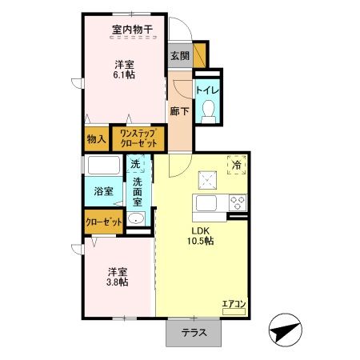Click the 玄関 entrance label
pyautogui.click(x=179, y=56)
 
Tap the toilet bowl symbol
pyautogui.click(x=210, y=109)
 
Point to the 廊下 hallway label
pyautogui.click(x=179, y=112)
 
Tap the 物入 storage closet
pyautogui.click(x=96, y=139)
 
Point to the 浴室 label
pyautogui.click(x=102, y=192)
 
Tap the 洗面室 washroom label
pyautogui.click(x=138, y=191)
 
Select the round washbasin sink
pyautogui.click(x=137, y=221)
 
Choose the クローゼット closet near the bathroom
pyautogui.click(x=104, y=221)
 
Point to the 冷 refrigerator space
pyautogui.click(x=236, y=164)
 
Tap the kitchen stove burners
pyautogui.click(x=237, y=201)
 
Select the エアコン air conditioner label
pyautogui.click(x=233, y=303)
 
